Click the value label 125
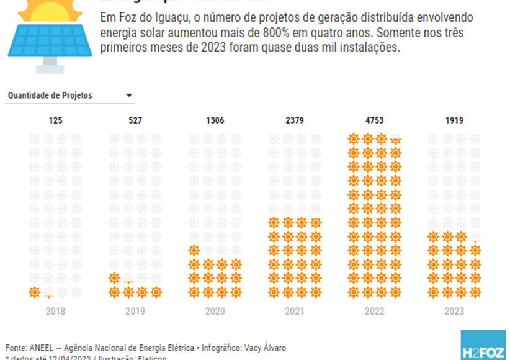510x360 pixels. coord(56,120)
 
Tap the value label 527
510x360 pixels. coord(135,120)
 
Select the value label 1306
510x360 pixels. coord(215,120)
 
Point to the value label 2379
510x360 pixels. coord(295,120)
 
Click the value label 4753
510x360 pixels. coord(374,120)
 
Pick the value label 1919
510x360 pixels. coord(454,120)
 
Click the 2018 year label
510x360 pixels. coord(56,311)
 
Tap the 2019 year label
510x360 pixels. coord(135,311)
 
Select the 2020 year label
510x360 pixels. coord(215,311)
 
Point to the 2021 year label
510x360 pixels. coord(295,311)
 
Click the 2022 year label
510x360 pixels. coord(374,311)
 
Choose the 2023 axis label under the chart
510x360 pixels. coord(454,311)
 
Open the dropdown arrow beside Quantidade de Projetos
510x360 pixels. coord(129,96)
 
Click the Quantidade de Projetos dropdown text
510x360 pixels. coord(50,96)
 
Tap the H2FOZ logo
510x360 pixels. coord(484,346)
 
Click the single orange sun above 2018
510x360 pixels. coord(35,292)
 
